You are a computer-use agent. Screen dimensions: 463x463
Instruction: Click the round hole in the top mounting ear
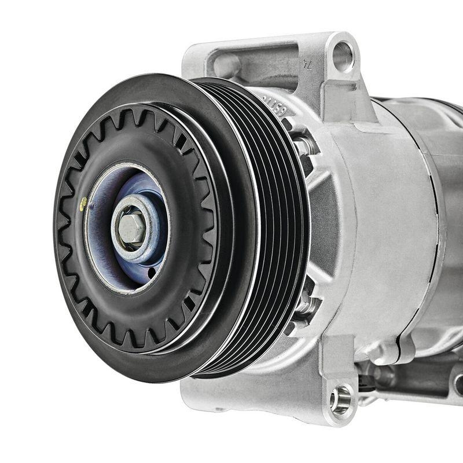343,56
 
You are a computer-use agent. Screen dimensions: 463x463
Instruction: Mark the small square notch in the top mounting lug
333,93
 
